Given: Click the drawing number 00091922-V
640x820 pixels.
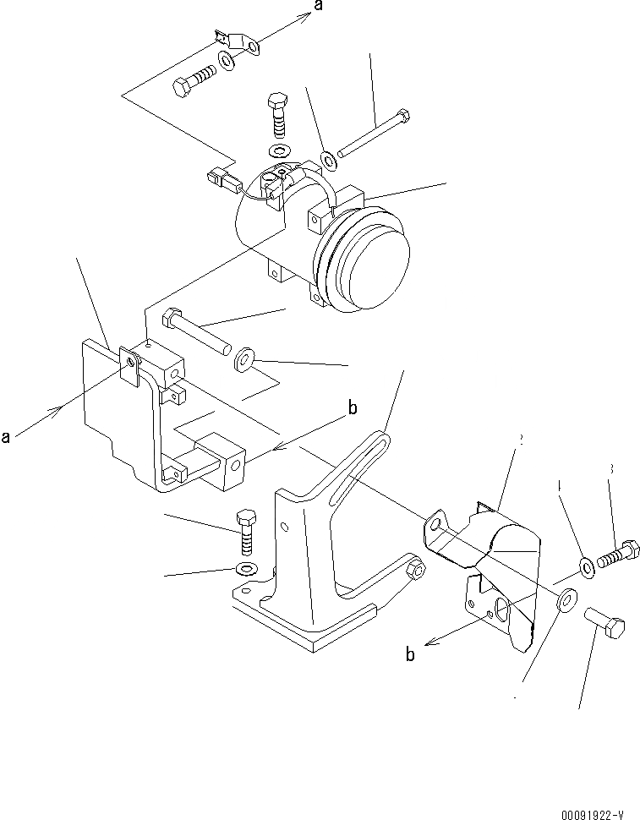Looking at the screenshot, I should tap(592, 815).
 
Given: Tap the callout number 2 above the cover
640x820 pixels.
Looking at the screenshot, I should tap(522, 440).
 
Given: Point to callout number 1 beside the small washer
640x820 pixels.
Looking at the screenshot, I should tap(559, 486).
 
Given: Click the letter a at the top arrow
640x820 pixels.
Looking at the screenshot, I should tap(319, 7).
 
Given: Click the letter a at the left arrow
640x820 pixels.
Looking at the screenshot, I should tap(6, 437).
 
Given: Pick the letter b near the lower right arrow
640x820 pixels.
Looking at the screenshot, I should tap(410, 654).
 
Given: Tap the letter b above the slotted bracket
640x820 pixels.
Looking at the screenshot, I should tap(353, 409).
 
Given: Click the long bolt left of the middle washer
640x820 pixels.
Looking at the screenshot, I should tap(196, 331).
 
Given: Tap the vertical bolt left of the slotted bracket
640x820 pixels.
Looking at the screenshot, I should tap(246, 532).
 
